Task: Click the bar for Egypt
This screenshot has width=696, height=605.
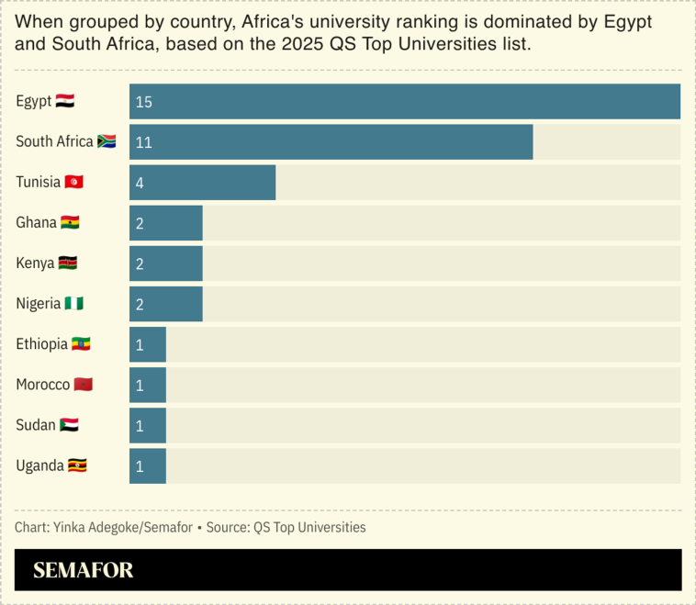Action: tap(404, 101)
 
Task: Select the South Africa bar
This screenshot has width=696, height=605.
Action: tap(331, 141)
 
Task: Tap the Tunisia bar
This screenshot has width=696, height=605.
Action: tap(202, 182)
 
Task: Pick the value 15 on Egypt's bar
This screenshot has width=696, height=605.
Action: tap(144, 102)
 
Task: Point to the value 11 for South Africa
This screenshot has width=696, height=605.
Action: tap(144, 142)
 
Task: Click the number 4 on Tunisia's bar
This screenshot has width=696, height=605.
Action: tap(140, 183)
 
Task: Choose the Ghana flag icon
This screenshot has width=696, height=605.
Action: tap(71, 222)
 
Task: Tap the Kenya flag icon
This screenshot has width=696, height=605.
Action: tap(68, 263)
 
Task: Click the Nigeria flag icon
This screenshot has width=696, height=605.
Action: tap(74, 303)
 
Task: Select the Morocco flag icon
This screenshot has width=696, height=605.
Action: tap(84, 384)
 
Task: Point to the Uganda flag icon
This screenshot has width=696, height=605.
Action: tap(77, 465)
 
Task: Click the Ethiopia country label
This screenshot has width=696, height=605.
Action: tap(42, 344)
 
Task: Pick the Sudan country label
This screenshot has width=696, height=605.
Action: tap(36, 425)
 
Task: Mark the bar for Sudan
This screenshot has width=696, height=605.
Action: tap(147, 425)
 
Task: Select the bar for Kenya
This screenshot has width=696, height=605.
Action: tap(165, 263)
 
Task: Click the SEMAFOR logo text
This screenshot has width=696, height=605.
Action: tap(84, 570)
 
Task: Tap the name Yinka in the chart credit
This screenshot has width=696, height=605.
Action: tap(70, 528)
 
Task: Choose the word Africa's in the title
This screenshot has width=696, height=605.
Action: tap(275, 21)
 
